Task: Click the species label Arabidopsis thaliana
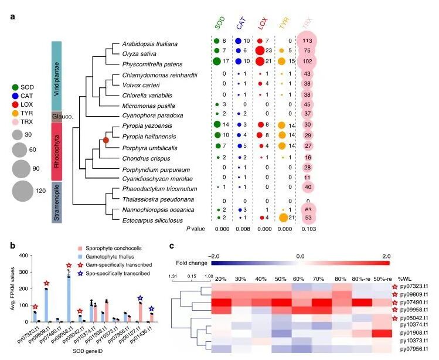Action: pyautogui.click(x=149, y=44)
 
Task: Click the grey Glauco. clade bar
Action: pyautogui.click(x=56, y=116)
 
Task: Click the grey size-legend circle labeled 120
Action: pyautogui.click(x=22, y=191)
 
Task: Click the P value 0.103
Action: pyautogui.click(x=305, y=227)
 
